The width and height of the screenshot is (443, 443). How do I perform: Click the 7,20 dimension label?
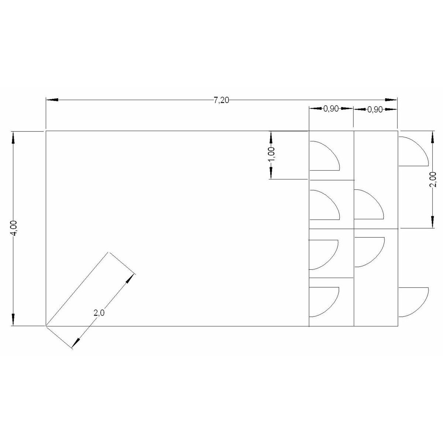221,100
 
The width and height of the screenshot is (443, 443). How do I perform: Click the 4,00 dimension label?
14,228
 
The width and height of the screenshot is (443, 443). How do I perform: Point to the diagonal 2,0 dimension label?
99,313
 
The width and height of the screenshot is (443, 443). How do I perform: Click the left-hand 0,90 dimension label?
331,109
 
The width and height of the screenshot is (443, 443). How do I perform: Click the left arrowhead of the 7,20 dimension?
52,100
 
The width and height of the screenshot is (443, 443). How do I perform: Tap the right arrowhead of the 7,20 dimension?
391,100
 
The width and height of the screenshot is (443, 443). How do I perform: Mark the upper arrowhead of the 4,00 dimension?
13,137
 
